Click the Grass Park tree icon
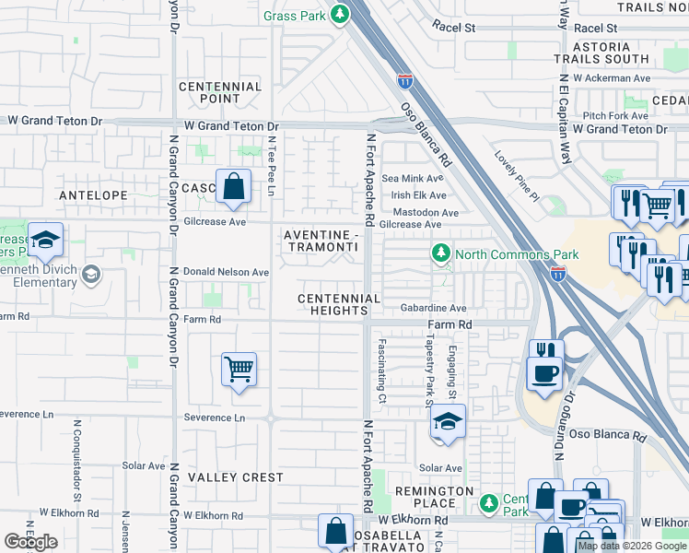click(341, 15)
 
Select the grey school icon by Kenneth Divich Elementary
click(91, 274)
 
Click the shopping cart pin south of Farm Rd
click(239, 370)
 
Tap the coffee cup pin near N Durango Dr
click(543, 372)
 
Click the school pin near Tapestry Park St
click(448, 421)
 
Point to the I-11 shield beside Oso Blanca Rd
click(404, 81)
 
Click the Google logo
click(30, 542)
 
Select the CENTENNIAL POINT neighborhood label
click(221, 92)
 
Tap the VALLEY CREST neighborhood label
click(236, 477)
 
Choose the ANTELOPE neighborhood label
click(93, 195)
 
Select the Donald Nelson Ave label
click(227, 273)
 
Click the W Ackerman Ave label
click(611, 78)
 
